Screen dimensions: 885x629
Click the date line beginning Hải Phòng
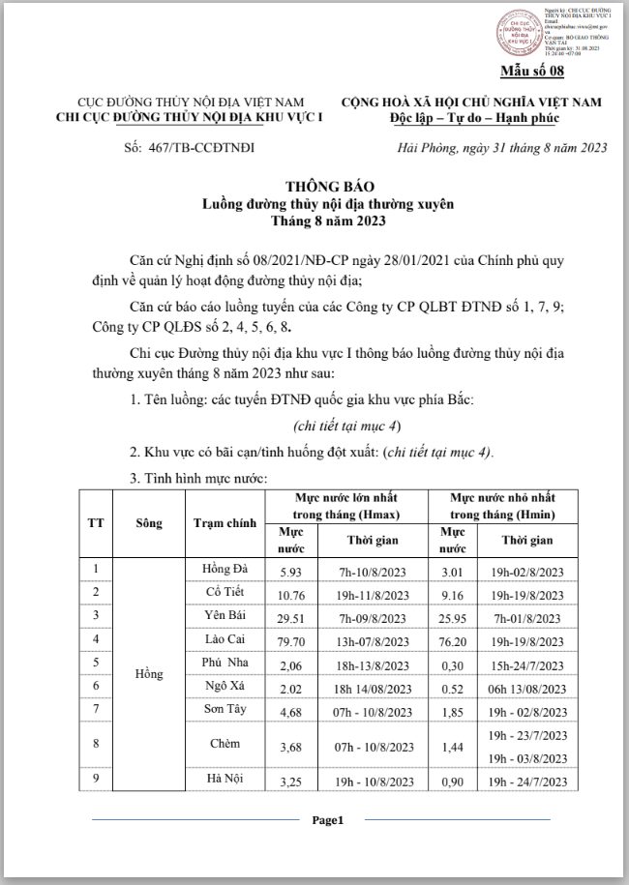502,147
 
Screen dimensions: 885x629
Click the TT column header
96,522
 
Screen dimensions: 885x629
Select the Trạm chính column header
225,522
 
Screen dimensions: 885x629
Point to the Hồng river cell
149,674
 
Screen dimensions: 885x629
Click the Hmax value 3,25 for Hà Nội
291,780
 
